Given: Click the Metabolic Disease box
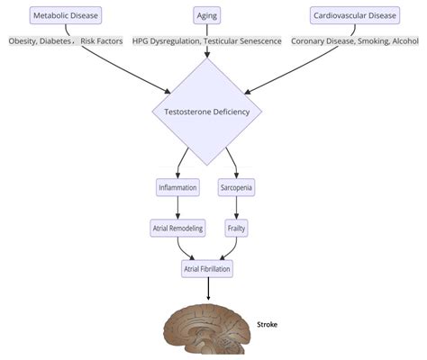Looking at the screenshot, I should coord(65,15).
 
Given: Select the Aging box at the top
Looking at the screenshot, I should coord(207,15).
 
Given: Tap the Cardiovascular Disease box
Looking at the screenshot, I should coord(355,15).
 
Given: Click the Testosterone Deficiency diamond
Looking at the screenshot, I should coord(207,112).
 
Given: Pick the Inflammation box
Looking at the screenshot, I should coord(177,188).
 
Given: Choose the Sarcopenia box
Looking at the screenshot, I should coord(237,188).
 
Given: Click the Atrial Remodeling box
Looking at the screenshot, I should coord(177,229).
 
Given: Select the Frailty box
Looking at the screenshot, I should coord(237,229).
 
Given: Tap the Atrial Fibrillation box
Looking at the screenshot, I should coord(208,269).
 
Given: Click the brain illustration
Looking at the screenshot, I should coord(206,329).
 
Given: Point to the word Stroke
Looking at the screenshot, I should coord(268,325).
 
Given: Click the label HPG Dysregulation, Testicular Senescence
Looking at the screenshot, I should coord(207,41).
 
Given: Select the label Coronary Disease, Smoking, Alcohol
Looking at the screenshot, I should coord(354,41).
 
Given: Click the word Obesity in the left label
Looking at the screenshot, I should coord(25,41).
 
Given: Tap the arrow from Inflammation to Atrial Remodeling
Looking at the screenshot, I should coord(177,208).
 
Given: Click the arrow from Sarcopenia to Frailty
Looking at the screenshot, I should coord(237,208).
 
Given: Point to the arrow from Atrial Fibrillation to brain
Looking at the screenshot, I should coord(208,289).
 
